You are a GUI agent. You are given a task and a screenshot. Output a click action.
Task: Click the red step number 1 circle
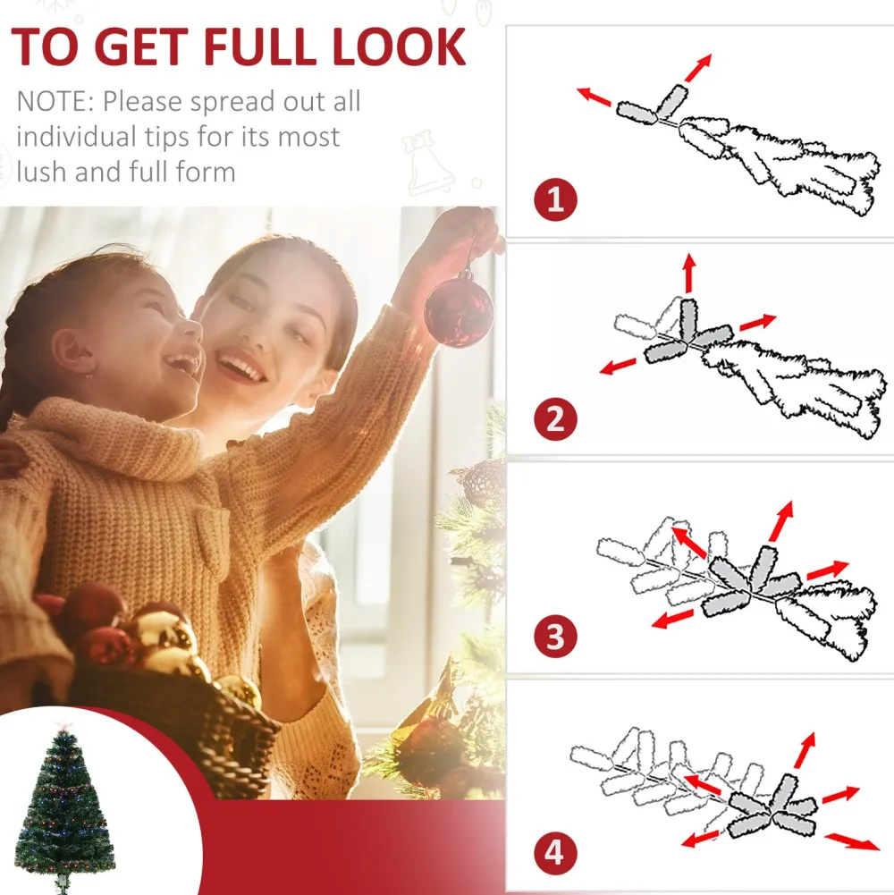555,199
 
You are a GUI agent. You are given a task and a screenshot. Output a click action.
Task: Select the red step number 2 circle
555,419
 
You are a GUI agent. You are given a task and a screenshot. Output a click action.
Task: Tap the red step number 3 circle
555,636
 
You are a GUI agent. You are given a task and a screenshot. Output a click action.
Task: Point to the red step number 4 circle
555,853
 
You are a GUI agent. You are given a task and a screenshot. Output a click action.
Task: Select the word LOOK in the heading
399,46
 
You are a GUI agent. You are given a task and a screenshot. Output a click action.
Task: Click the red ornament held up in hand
459,311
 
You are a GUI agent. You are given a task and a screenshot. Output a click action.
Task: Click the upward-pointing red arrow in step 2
689,273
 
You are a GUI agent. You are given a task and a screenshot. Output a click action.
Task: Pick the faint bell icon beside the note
429,164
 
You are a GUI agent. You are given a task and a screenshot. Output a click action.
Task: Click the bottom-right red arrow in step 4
852,841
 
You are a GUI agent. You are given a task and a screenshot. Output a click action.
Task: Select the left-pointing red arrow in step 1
594,97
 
